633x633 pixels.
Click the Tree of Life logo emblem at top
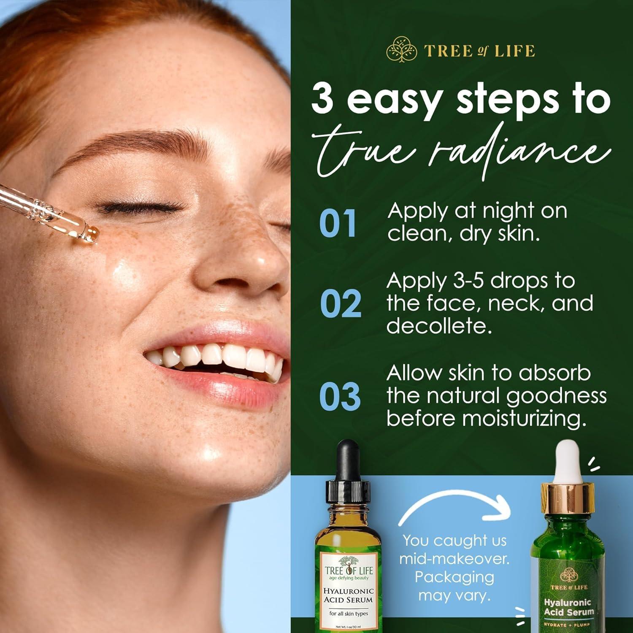(x=398, y=51)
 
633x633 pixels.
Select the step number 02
(x=340, y=304)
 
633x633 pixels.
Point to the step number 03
(x=340, y=397)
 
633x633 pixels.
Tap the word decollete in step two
(x=439, y=326)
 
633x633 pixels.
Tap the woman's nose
(x=249, y=257)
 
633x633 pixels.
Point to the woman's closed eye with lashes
(x=139, y=207)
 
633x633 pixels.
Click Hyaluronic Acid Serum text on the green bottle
(x=568, y=607)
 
